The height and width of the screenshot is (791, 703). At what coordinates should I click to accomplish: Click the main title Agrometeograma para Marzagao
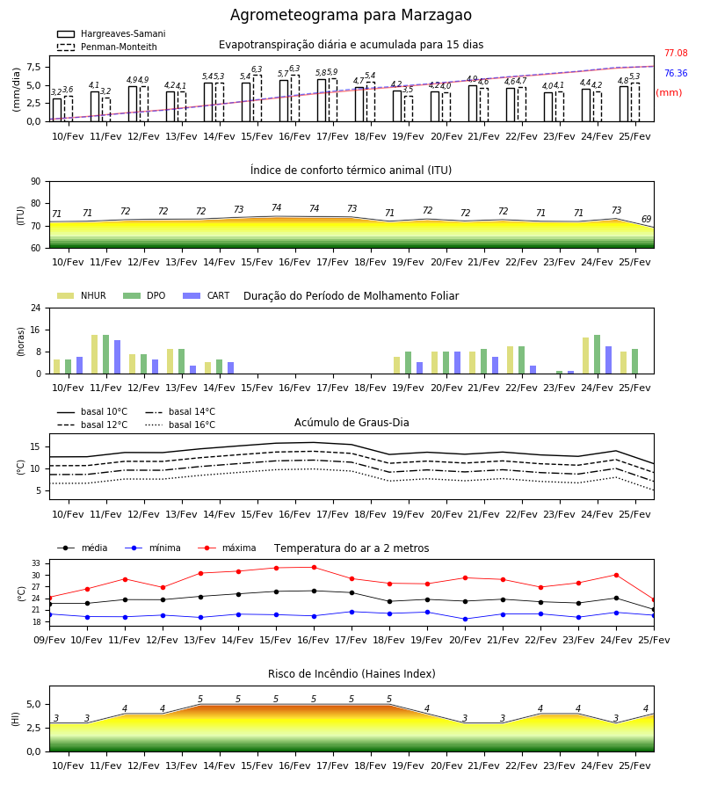[x=351, y=15]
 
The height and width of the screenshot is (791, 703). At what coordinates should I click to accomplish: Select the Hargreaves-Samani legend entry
[x=112, y=33]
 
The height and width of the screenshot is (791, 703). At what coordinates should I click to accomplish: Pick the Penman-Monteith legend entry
[x=107, y=47]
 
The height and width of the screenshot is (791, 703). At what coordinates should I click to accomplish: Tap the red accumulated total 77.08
[x=676, y=53]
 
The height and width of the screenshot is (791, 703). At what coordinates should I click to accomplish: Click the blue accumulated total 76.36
[x=676, y=73]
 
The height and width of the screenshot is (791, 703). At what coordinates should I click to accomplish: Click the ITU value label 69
[x=646, y=219]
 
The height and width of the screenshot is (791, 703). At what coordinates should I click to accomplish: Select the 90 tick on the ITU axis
[x=36, y=181]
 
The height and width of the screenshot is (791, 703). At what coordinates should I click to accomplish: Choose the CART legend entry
[x=207, y=295]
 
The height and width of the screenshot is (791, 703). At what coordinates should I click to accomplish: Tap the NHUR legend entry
[x=82, y=295]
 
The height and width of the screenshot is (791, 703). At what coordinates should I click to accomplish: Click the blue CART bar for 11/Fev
[x=118, y=357]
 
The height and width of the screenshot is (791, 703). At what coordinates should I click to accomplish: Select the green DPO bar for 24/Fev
[x=597, y=354]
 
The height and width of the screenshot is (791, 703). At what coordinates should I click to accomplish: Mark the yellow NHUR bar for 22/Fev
[x=511, y=360]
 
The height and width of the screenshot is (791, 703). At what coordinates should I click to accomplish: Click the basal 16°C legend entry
[x=180, y=425]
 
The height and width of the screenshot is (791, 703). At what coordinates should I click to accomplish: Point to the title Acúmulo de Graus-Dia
[x=351, y=422]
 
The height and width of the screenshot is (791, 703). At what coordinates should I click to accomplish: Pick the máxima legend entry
[x=227, y=548]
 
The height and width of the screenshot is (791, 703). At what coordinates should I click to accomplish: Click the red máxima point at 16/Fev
[x=315, y=568]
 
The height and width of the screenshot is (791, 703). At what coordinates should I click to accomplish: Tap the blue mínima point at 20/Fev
[x=466, y=619]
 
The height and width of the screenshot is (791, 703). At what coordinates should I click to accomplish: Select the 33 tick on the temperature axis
[x=36, y=563]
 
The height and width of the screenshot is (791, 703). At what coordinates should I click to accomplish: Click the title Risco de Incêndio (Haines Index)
[x=351, y=674]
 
